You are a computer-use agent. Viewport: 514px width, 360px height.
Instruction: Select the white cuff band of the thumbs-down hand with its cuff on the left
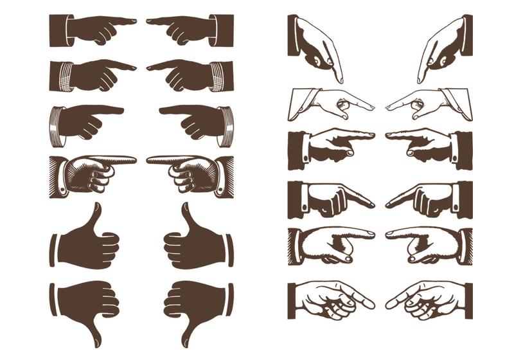pos(53,299)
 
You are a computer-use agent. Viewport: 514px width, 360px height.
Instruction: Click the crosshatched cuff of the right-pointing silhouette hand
pos(60,75)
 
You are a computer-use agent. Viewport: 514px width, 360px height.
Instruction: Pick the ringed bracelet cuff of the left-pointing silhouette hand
pos(226,125)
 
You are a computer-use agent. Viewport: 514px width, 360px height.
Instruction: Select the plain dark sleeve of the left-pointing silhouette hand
pos(225,30)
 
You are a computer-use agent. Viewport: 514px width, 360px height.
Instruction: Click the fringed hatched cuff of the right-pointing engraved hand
pos(296,246)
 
